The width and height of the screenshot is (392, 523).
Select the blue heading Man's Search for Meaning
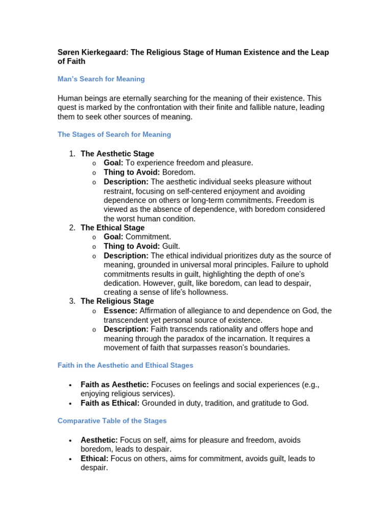click(x=101, y=79)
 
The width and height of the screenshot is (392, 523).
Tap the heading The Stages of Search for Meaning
click(x=114, y=134)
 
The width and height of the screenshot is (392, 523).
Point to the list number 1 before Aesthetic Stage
click(x=72, y=154)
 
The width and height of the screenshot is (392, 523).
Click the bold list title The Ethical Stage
click(x=112, y=228)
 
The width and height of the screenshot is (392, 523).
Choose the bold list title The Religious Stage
click(x=117, y=301)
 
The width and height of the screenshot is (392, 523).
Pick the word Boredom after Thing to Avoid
click(x=179, y=173)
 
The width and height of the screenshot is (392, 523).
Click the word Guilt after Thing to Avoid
click(x=171, y=246)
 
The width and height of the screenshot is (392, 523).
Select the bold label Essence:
click(x=120, y=311)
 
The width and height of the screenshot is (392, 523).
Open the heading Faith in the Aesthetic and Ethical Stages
click(x=125, y=365)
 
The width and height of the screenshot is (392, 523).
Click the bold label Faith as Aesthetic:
click(x=115, y=385)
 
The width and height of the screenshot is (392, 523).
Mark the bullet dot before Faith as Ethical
click(x=69, y=403)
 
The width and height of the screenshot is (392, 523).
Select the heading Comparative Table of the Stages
click(x=112, y=421)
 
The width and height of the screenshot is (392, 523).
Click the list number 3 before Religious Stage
click(x=72, y=301)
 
